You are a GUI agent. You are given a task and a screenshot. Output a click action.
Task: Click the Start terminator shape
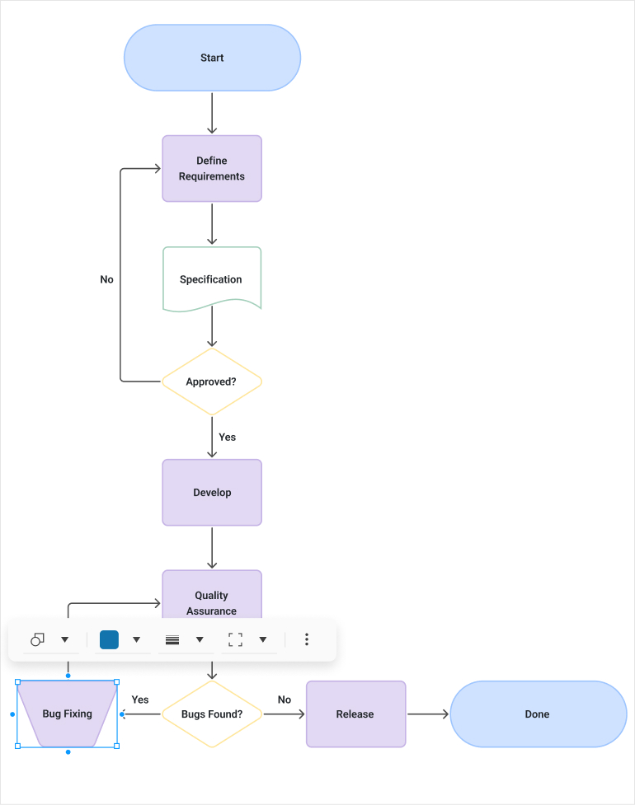(212, 58)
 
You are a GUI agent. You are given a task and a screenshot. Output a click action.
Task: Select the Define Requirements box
(212, 168)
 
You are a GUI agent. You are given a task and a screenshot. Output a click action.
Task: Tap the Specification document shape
(212, 279)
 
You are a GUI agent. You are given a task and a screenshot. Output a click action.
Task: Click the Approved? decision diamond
(212, 381)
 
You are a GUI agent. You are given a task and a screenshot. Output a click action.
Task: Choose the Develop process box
(212, 493)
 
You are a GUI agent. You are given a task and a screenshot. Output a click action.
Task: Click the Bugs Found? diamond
(212, 714)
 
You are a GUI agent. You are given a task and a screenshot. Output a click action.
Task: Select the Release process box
(355, 714)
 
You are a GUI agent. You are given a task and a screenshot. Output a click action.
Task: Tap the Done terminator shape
(538, 714)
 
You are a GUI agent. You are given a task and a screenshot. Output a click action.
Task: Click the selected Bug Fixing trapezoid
(67, 714)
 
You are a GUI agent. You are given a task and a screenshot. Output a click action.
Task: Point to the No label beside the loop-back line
(106, 279)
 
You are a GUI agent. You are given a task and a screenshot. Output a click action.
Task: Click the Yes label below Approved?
(228, 438)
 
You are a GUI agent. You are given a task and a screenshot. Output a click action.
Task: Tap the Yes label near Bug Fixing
(140, 700)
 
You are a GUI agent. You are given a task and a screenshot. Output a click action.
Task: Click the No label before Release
(285, 700)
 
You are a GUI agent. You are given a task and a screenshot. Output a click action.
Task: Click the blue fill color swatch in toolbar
(109, 639)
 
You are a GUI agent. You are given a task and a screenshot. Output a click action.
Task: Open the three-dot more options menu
(307, 639)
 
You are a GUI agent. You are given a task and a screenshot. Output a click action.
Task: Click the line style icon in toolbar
(172, 639)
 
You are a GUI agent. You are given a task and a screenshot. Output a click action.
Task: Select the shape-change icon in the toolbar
(37, 639)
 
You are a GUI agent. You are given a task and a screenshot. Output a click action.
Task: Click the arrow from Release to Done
(427, 714)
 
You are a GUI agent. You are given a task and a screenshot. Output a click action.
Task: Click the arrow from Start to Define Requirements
(212, 113)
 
